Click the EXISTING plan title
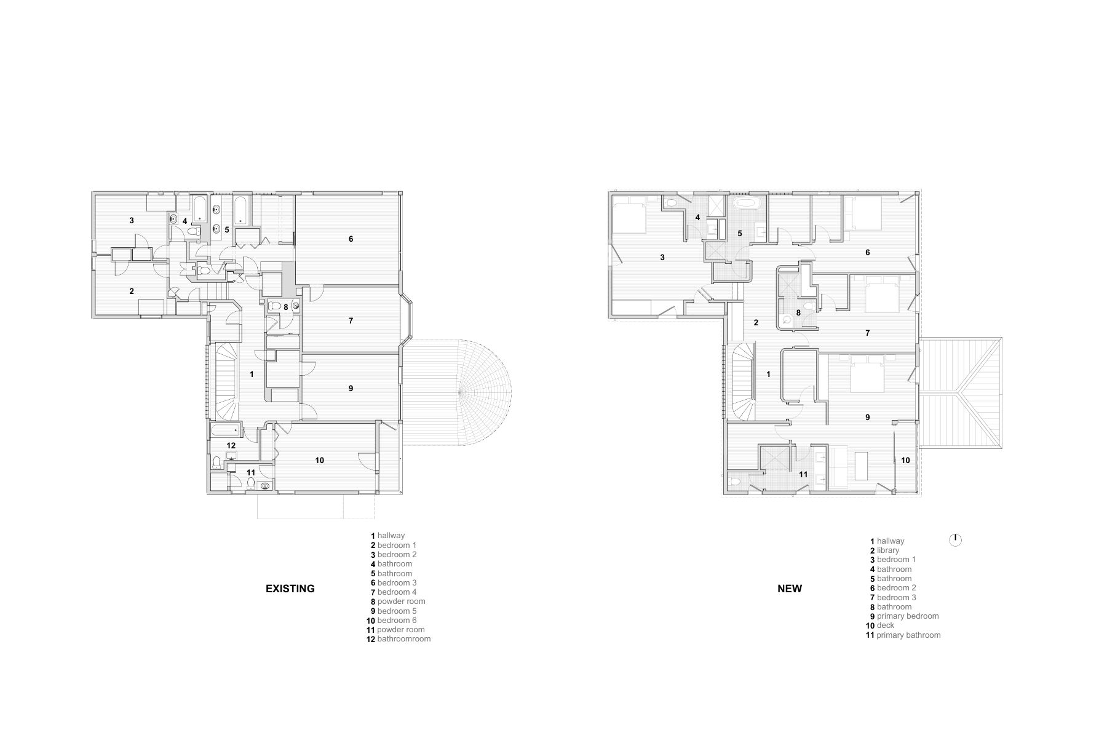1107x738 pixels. coord(290,589)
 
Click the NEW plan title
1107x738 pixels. coord(790,589)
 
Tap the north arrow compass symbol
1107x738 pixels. coord(955,540)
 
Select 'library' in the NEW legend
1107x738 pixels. coord(888,550)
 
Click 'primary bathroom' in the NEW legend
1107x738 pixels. coord(908,635)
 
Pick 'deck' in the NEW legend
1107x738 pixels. coord(886,625)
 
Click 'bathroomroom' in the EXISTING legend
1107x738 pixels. coord(404,639)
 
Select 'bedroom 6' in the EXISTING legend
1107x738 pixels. coord(397,621)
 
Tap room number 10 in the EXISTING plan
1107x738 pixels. coord(320,460)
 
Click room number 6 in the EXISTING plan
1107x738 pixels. coord(351,239)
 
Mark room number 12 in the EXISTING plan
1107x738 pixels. coord(231,445)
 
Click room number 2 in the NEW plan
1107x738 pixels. coord(756,322)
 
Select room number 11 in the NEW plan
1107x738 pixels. coord(803,474)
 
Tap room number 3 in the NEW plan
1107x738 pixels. coord(662,258)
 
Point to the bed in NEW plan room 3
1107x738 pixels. coord(629,216)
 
